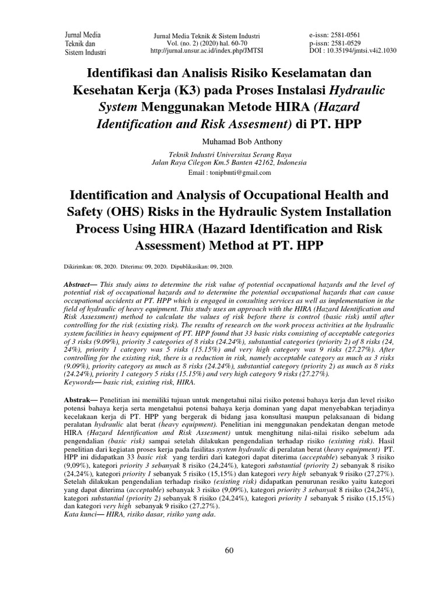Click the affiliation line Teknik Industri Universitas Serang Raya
click(x=223, y=155)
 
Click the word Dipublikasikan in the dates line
click(x=192, y=266)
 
